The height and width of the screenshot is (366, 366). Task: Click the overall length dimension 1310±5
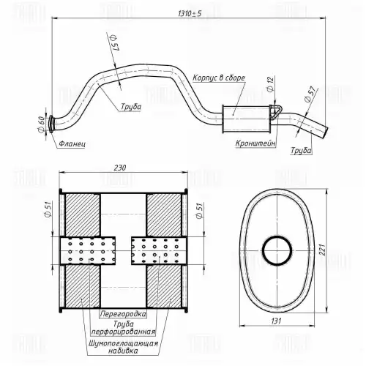tap(190, 13)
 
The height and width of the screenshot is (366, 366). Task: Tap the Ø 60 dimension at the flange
tap(42, 124)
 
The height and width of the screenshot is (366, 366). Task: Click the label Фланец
tap(72, 144)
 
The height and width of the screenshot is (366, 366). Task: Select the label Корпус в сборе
tap(219, 78)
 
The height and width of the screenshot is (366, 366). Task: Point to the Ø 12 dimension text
tap(271, 84)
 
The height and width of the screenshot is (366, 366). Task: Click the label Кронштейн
tap(255, 143)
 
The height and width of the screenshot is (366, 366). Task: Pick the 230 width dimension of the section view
tap(120, 168)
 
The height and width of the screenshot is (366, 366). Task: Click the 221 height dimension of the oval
tap(323, 250)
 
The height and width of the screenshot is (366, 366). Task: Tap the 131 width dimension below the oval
tap(276, 321)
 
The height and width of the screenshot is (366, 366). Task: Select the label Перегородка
tap(123, 313)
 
